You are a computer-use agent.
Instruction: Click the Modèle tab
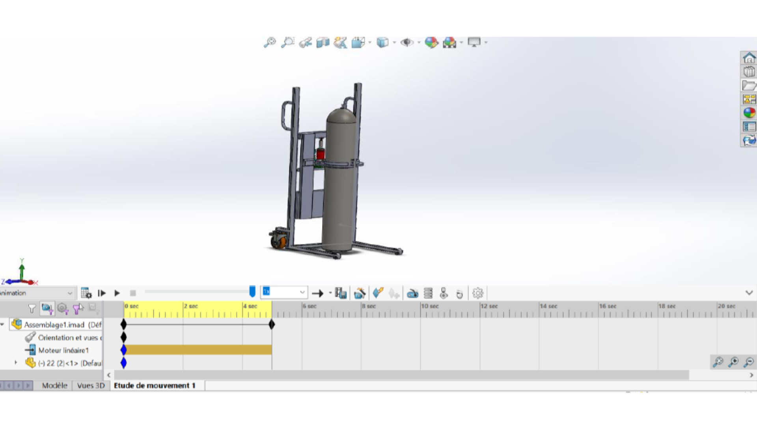pos(54,385)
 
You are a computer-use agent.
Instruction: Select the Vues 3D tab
pos(91,385)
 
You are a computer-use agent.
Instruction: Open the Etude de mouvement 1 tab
pos(155,385)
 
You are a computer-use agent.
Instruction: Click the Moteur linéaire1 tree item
pos(63,350)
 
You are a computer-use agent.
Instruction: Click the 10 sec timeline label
pos(430,306)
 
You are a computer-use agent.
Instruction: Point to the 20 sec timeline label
pos(727,306)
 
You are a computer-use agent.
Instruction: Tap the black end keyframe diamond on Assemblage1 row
pos(272,325)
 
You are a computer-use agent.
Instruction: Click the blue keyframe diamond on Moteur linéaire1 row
pos(124,350)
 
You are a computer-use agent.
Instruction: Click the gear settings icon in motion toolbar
pos(478,293)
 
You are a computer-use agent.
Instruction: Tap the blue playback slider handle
pos(252,291)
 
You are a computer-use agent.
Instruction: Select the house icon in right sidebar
pos(749,58)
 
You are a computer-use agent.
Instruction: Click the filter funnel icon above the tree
pos(32,308)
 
